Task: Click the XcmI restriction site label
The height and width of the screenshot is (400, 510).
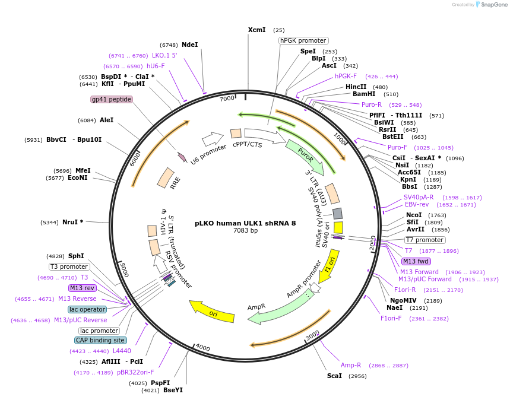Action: pos(257,30)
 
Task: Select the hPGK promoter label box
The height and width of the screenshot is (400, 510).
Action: pos(303,40)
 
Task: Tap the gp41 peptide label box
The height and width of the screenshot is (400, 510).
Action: pos(111,99)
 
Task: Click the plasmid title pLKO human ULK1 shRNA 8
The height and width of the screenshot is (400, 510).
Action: pos(245,223)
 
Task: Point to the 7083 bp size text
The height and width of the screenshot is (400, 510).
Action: pos(245,230)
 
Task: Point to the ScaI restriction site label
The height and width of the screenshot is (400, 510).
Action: pos(334,376)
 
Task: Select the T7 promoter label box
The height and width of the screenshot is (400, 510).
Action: pos(425,240)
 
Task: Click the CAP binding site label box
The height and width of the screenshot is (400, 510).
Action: pos(100,340)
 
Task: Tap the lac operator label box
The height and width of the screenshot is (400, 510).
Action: pos(87,309)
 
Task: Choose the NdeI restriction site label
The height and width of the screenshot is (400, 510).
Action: pos(189,45)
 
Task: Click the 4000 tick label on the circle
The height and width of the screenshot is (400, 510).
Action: pos(203,347)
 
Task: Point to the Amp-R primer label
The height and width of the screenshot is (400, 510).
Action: pos(351,365)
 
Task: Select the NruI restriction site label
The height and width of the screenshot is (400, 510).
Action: pos(72,223)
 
